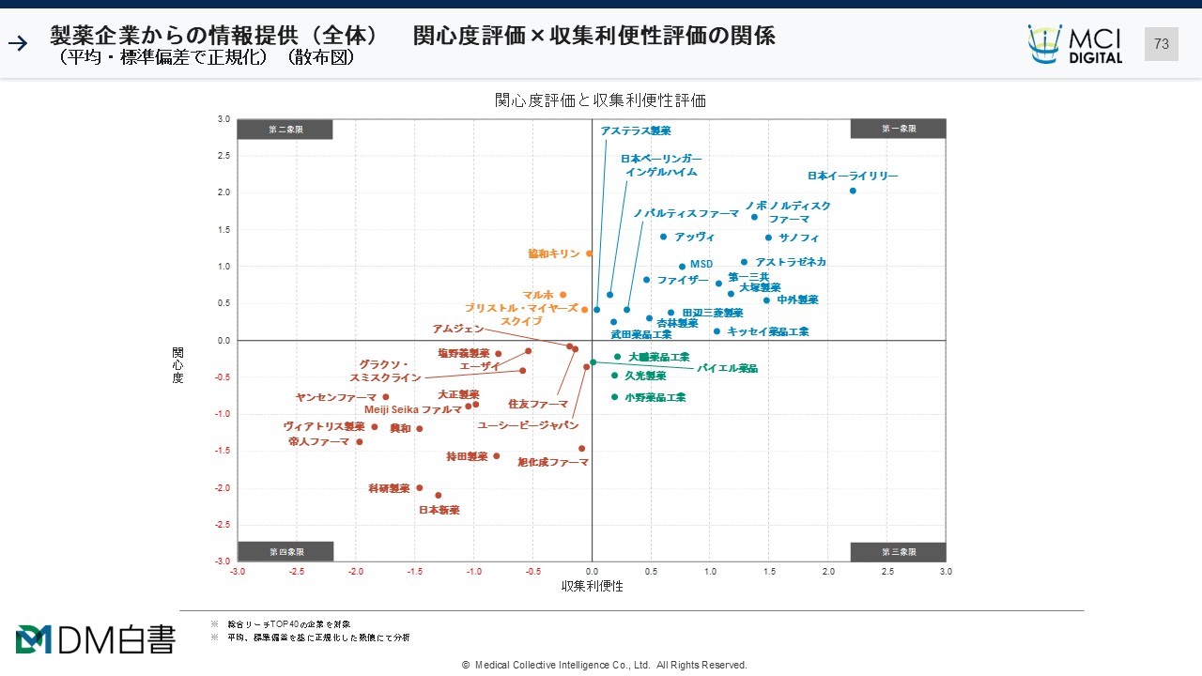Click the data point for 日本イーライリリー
point(853,191)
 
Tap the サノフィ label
point(798,238)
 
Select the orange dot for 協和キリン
point(590,253)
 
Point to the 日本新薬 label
point(439,510)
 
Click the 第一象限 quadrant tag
point(898,130)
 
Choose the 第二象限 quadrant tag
point(285,130)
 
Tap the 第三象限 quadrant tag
point(898,552)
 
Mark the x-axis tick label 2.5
point(887,571)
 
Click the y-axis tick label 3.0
point(223,119)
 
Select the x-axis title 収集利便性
point(592,586)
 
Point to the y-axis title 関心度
point(177,365)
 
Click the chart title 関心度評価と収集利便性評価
point(600,100)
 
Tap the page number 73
point(1161,44)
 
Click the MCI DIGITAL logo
point(1075,44)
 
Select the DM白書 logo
point(95,639)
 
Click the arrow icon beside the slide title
point(18,42)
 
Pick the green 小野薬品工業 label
point(655,397)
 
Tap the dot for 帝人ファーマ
point(359,442)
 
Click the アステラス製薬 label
point(636,131)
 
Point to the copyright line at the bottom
point(604,665)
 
